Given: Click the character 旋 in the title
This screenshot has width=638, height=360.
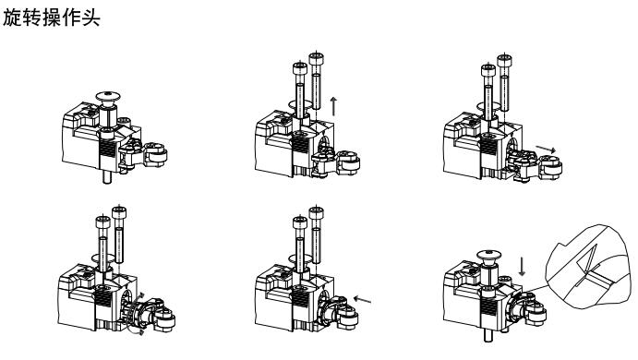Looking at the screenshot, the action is click(x=12, y=18).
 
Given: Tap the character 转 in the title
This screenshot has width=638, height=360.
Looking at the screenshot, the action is click(x=31, y=18).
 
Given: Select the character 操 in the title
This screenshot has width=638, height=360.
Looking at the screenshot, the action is click(x=52, y=18).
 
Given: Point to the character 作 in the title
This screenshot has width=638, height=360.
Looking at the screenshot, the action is click(x=71, y=18).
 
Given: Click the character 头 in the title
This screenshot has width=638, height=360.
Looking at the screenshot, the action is click(x=90, y=18).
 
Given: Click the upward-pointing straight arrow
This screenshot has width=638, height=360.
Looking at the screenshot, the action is click(x=333, y=106).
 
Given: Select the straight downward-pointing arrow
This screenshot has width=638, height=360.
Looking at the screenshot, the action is click(x=522, y=266).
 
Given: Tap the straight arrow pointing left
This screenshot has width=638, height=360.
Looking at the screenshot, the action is click(x=362, y=300).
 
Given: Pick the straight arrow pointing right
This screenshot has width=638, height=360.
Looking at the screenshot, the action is click(x=546, y=150).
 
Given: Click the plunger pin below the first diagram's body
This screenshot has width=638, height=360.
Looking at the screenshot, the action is click(x=107, y=177).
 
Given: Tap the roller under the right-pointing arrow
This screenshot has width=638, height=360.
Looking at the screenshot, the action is click(x=550, y=167).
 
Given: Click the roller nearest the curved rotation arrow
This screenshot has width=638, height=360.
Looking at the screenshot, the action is click(x=164, y=319).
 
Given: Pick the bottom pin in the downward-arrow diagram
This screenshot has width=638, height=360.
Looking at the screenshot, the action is click(x=488, y=336).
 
